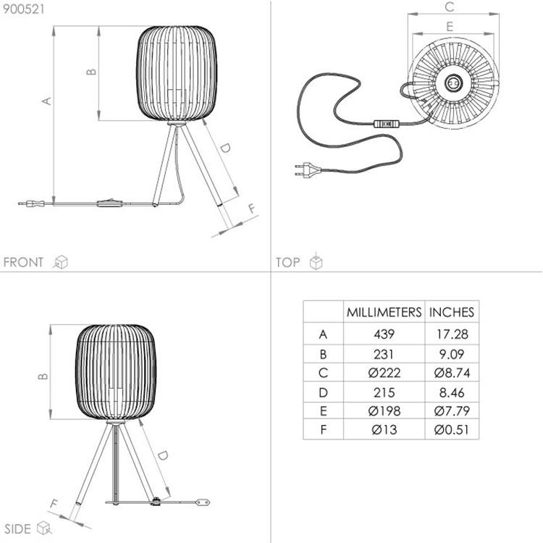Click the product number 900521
tap(24, 9)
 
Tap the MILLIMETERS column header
tap(384, 312)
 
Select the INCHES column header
tap(452, 312)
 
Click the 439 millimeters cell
tap(384, 334)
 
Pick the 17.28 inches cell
tap(452, 334)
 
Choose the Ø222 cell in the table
tap(384, 373)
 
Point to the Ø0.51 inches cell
tap(452, 430)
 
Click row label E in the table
tap(323, 411)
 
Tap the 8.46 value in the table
tap(452, 392)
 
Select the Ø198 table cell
tap(384, 411)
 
